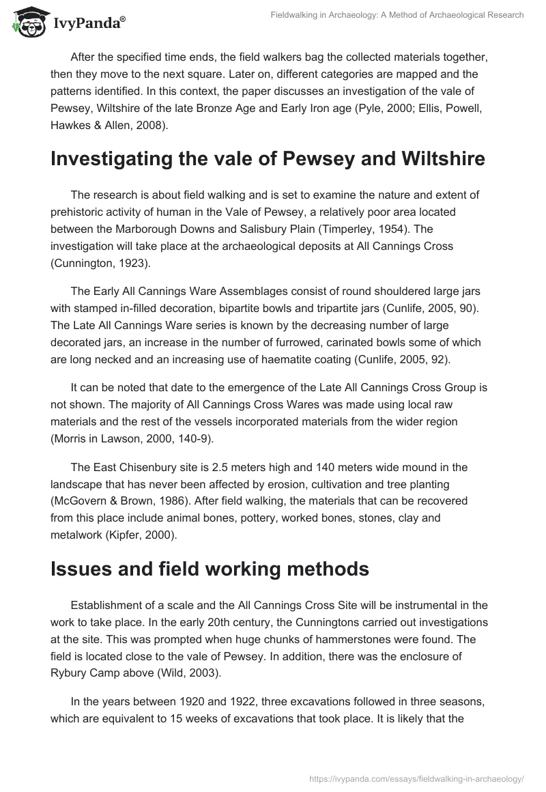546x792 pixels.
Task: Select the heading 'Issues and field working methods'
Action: (x=210, y=569)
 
